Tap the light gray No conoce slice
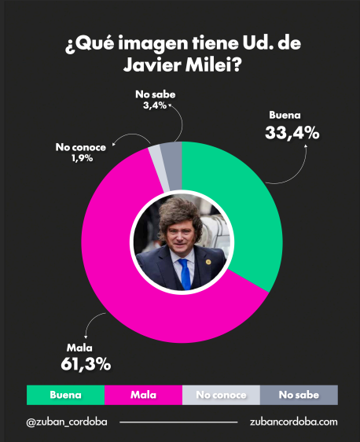click(158, 166)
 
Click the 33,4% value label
click(292, 133)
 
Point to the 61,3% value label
click(86, 364)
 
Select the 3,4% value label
click(155, 105)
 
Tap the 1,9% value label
click(82, 158)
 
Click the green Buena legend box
click(66, 395)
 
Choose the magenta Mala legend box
click(143, 395)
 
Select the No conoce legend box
click(221, 395)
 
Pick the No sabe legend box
click(299, 395)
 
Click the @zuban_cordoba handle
click(67, 422)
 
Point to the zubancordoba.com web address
click(293, 422)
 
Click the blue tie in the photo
click(185, 274)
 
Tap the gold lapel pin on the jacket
click(208, 262)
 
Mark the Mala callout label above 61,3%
click(79, 348)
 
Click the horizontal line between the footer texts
click(178, 422)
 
